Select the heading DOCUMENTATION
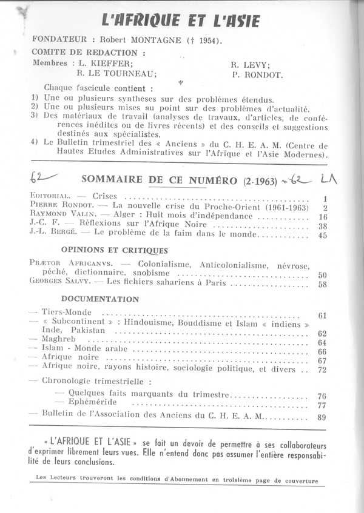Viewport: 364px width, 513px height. [x=99, y=299]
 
